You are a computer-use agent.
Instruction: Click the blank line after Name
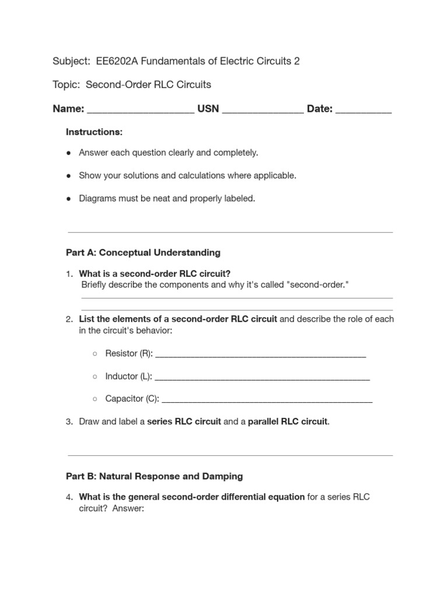point(141,110)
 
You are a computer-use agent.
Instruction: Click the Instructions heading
point(94,132)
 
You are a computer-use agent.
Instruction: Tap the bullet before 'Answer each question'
point(69,153)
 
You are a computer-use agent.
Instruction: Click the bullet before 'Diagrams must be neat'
point(69,199)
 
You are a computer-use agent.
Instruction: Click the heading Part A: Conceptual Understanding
point(143,252)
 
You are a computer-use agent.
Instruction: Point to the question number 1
point(69,274)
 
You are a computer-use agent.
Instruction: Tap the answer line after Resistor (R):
point(261,354)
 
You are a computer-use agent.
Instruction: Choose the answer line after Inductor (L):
point(262,377)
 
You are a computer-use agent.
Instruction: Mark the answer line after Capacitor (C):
point(267,400)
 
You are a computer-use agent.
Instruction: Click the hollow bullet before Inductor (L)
point(95,377)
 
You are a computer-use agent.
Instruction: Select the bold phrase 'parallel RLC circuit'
point(288,422)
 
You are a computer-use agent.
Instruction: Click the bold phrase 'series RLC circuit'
point(184,422)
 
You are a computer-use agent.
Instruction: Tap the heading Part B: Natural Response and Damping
point(154,476)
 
